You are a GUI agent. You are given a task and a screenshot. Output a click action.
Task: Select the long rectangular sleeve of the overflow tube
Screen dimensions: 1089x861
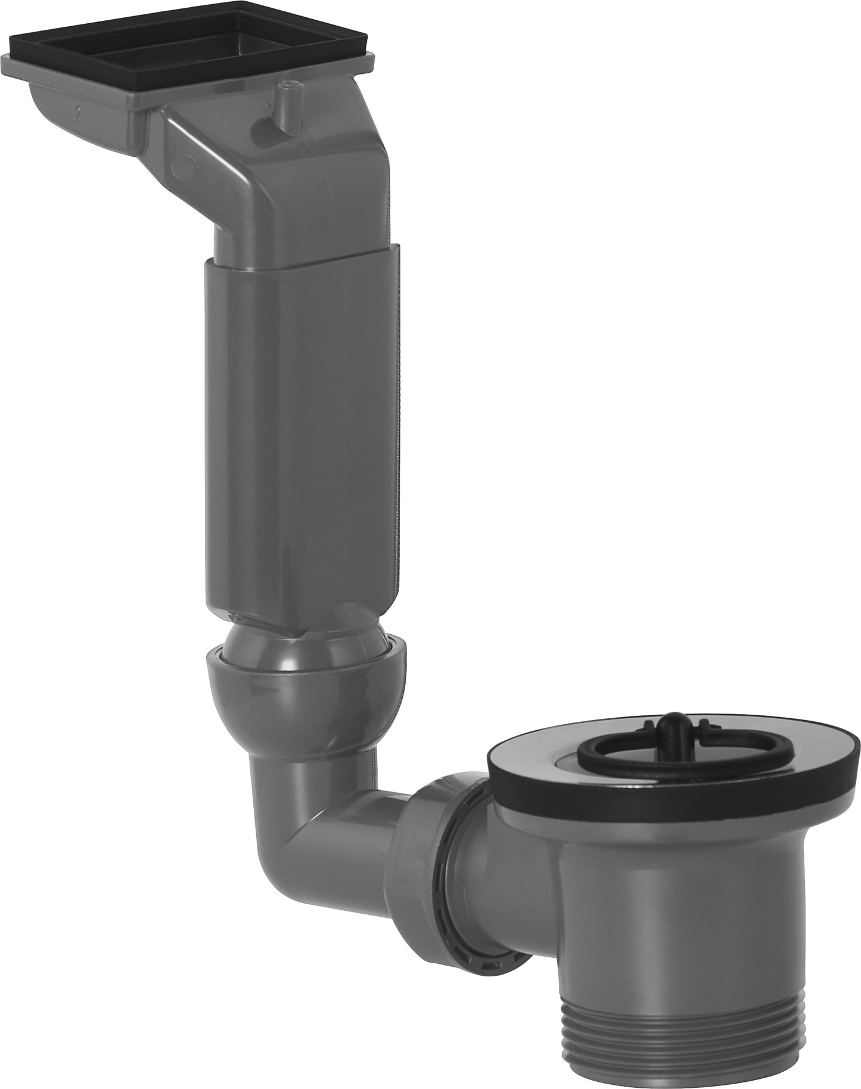click(298, 429)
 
